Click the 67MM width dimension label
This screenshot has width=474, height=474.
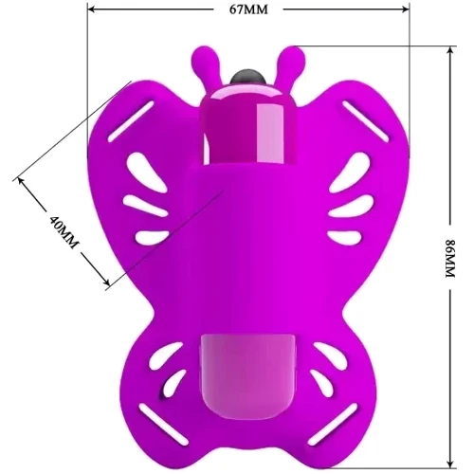point(248,9)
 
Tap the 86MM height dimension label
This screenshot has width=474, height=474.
point(450,259)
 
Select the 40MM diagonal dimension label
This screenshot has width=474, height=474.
point(64,232)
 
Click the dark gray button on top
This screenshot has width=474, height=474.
point(248,77)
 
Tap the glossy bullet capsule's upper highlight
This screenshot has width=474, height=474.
point(270,133)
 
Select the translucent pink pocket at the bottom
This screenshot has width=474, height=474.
point(248,378)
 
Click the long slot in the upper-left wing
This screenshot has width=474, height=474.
point(131,121)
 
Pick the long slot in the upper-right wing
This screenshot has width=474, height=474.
point(366,121)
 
